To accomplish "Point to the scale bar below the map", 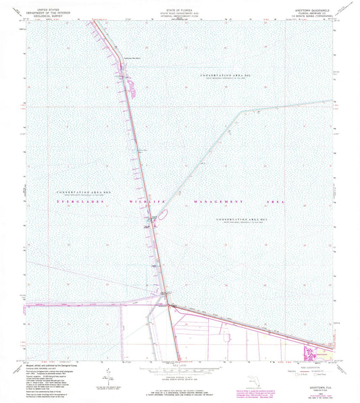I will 178,371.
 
